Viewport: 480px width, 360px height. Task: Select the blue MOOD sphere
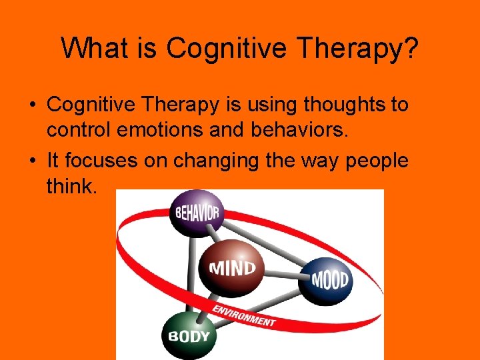(330, 279)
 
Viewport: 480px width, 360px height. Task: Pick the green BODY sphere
(186, 335)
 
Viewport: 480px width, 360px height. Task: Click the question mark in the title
(409, 48)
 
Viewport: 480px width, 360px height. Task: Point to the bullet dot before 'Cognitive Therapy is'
(31, 105)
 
